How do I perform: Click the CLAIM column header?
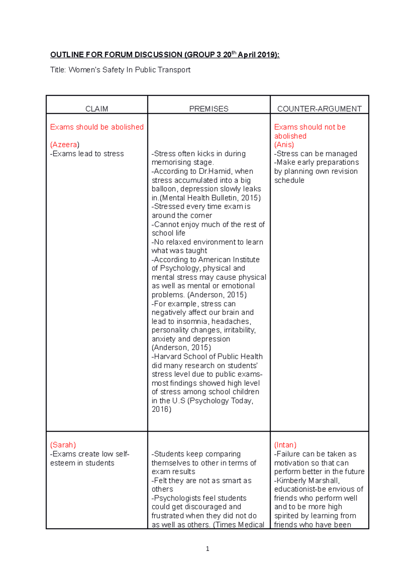point(96,109)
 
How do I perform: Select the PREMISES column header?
point(209,109)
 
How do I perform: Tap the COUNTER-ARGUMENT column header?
point(319,109)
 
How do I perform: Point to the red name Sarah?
point(63,445)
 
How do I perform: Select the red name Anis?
point(284,145)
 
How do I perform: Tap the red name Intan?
point(285,445)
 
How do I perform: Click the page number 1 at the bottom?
point(207,549)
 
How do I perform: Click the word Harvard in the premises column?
point(167,356)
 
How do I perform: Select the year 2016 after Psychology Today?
point(161,409)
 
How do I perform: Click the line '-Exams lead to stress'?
point(87,153)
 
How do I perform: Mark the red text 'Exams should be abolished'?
point(96,127)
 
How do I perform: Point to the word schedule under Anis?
point(289,180)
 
